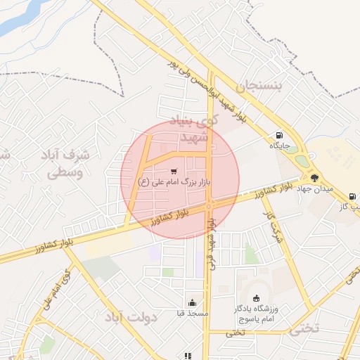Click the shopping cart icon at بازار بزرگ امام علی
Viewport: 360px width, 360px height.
pyautogui.click(x=174, y=170)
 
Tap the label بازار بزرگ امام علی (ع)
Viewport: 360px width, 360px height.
pyautogui.click(x=174, y=182)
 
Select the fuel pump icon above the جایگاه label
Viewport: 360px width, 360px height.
pyautogui.click(x=281, y=135)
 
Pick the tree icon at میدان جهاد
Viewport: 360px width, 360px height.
pyautogui.click(x=314, y=178)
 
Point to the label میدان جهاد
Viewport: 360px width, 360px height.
pyautogui.click(x=314, y=188)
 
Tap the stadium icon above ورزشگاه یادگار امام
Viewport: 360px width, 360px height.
pyautogui.click(x=255, y=298)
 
